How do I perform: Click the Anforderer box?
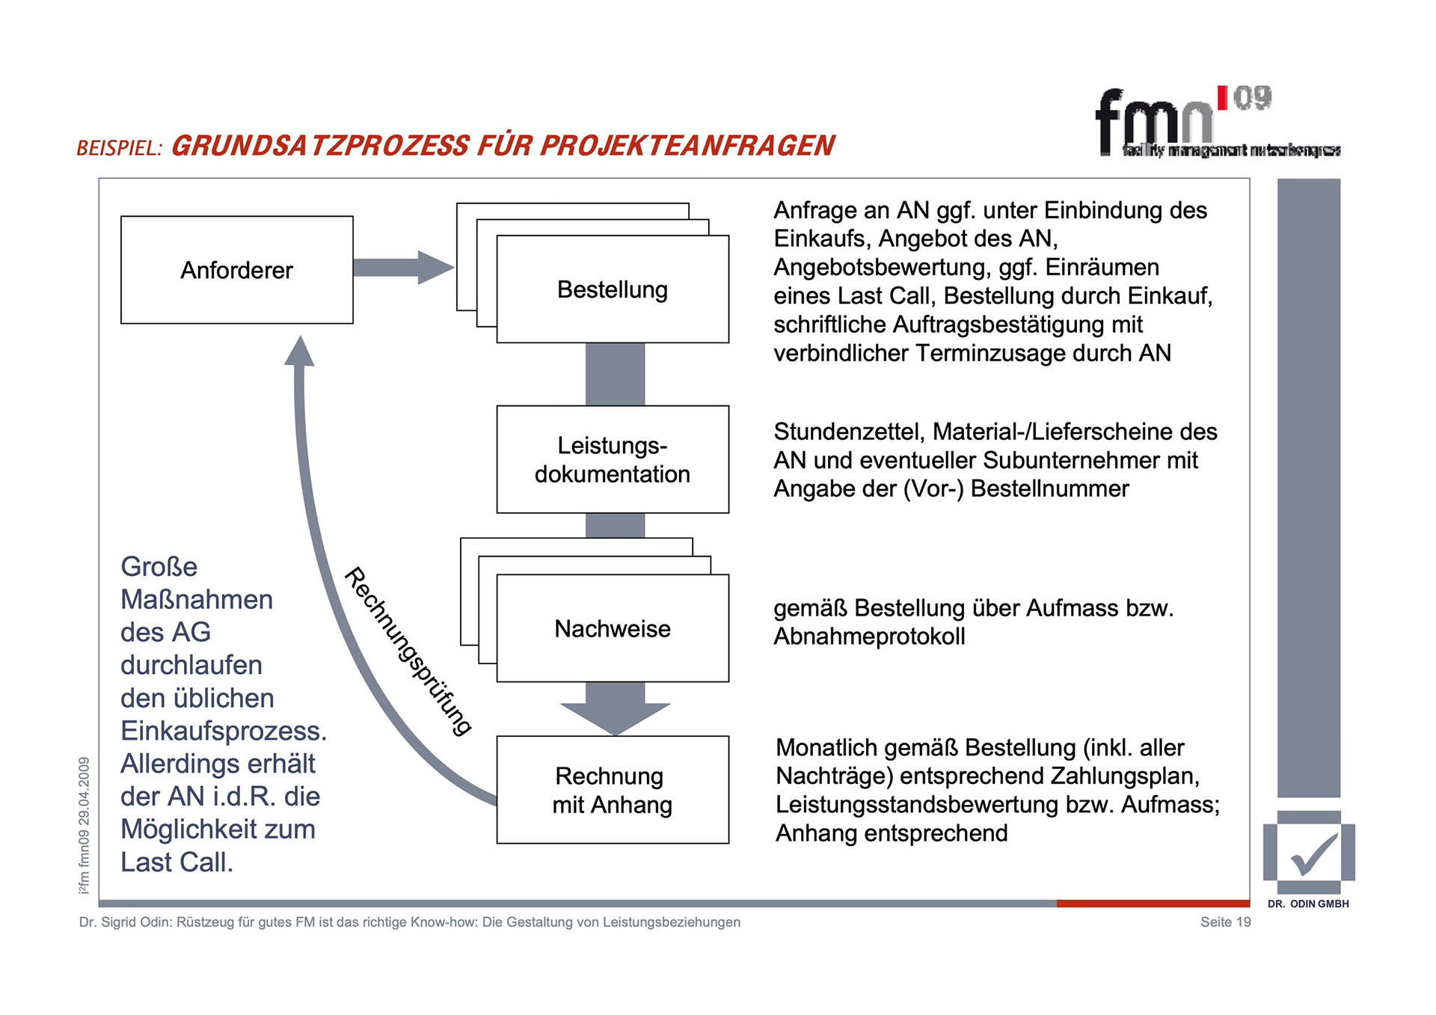point(236,270)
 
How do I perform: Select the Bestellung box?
point(613,289)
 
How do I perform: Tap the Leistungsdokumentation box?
point(613,459)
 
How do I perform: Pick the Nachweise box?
point(613,628)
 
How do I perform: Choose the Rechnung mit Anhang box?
point(613,790)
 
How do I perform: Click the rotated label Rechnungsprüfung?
point(408,651)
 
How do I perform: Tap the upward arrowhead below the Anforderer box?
point(299,352)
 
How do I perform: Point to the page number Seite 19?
point(1225,922)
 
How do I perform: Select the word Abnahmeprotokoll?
point(869,637)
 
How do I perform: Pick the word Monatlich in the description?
point(825,747)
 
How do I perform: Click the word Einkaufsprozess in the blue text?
point(224,731)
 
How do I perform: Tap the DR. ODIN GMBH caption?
point(1308,904)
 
